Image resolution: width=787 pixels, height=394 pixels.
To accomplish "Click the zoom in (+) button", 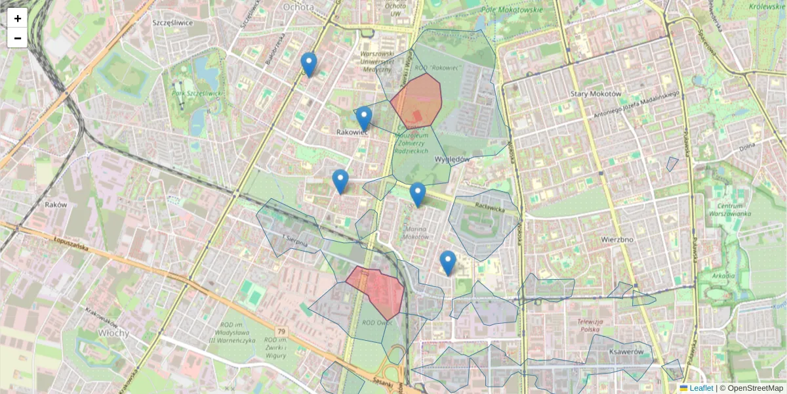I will coord(18,18).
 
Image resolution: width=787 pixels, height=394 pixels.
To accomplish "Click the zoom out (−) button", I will coord(18,38).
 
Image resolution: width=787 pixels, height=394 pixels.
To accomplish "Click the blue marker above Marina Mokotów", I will coord(417,195).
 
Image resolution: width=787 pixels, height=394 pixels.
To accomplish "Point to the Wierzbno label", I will coord(616,240).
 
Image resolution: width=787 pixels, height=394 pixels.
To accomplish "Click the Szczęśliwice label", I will coord(172,22).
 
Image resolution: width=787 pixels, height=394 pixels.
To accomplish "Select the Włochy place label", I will coord(96,332).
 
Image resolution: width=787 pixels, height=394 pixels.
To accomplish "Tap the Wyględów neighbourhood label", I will coord(452,160).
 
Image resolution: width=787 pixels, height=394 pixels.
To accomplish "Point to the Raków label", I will coord(56,205).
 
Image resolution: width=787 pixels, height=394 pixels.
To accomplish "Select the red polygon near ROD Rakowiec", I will coord(416,100).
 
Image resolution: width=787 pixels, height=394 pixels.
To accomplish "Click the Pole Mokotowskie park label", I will coord(512,10).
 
